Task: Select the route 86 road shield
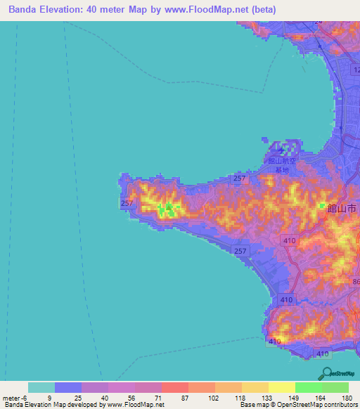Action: click(356, 282)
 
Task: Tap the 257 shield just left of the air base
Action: click(240, 179)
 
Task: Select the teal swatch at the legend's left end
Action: click(41, 387)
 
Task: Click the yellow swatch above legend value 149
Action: click(281, 387)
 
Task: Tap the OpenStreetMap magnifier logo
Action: click(326, 373)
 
